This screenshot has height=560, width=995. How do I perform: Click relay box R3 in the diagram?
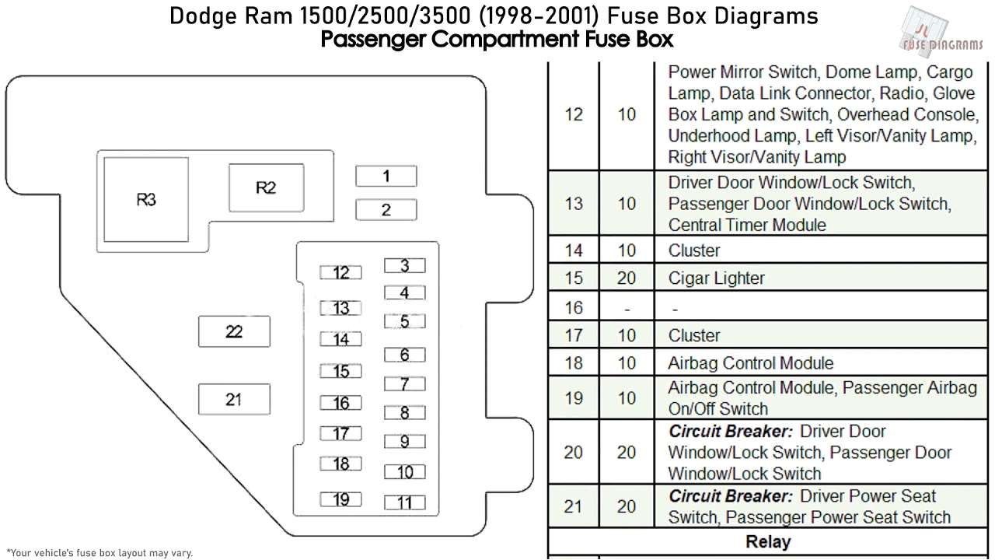click(x=146, y=200)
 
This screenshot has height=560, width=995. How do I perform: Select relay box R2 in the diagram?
click(x=265, y=188)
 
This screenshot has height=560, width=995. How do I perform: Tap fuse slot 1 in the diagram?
click(x=386, y=177)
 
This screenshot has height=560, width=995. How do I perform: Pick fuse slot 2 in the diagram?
click(x=386, y=210)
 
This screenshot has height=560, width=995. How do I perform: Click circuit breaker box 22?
click(x=234, y=331)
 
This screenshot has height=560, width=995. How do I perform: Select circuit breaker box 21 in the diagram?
click(x=234, y=399)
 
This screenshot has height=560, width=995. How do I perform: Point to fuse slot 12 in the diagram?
click(x=340, y=272)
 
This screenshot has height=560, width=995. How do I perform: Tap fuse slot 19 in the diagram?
click(x=340, y=499)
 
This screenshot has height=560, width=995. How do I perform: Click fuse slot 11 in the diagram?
click(x=404, y=502)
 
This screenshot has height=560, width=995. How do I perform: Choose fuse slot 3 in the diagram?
click(x=404, y=266)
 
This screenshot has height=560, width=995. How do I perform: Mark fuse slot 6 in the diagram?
click(x=404, y=355)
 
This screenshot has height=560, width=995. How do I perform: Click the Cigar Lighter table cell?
click(x=716, y=278)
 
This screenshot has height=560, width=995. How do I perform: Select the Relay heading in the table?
click(x=767, y=542)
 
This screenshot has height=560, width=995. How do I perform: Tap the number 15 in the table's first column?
click(x=573, y=278)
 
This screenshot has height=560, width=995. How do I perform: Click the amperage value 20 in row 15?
click(x=626, y=278)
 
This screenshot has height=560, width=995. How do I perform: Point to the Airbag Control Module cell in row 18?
click(x=750, y=363)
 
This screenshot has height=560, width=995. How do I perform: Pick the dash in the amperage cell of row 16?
click(x=626, y=308)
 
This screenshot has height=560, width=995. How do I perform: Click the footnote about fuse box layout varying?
click(x=99, y=553)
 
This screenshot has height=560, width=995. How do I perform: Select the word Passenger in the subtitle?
click(x=373, y=39)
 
